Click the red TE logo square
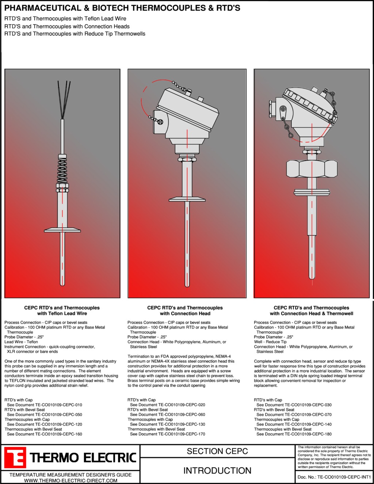[x=15, y=457]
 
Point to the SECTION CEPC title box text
[x=217, y=451]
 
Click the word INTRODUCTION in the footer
[x=217, y=470]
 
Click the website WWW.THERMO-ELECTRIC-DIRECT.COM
[x=70, y=481]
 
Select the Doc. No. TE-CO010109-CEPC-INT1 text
[x=334, y=477]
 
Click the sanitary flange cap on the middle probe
[x=187, y=199]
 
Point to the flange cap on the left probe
[x=62, y=230]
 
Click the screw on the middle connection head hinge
[x=160, y=122]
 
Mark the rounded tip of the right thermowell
[x=312, y=277]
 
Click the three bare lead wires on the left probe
[x=64, y=100]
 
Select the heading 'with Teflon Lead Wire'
[x=62, y=314]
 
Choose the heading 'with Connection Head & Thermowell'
[x=312, y=314]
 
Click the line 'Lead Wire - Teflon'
[x=21, y=342]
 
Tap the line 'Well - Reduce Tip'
[x=270, y=342]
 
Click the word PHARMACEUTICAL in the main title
[x=43, y=8]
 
